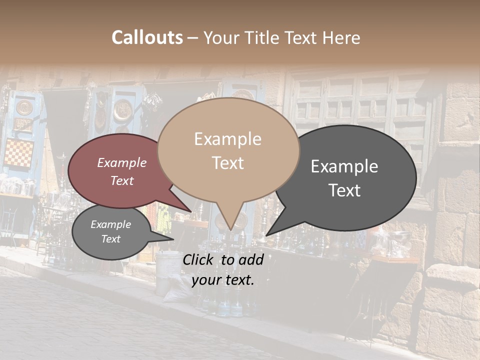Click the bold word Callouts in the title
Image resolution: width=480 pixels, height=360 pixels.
pos(147,37)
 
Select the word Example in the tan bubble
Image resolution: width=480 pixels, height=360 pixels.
pos(227,139)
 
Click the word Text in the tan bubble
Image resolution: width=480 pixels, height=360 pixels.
pos(227,162)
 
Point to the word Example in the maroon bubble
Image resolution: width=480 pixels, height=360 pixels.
pos(121,162)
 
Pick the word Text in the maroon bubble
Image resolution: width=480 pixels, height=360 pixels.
pos(121,180)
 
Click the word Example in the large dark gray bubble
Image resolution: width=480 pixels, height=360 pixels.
pos(344,166)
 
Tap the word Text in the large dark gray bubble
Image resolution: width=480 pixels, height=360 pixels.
pos(344,190)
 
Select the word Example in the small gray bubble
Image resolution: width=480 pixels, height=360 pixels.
pos(110,224)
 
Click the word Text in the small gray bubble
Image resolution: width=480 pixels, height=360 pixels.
pos(110,239)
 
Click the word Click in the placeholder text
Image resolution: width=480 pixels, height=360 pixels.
pos(199,259)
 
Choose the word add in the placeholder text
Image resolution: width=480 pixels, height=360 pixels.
pos(251,259)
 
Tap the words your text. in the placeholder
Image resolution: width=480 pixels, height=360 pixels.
pos(222,280)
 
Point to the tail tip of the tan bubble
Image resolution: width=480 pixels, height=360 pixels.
pos(230,230)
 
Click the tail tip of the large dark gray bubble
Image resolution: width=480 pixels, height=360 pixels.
pos(266,235)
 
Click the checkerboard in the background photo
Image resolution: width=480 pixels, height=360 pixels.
pos(18,153)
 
